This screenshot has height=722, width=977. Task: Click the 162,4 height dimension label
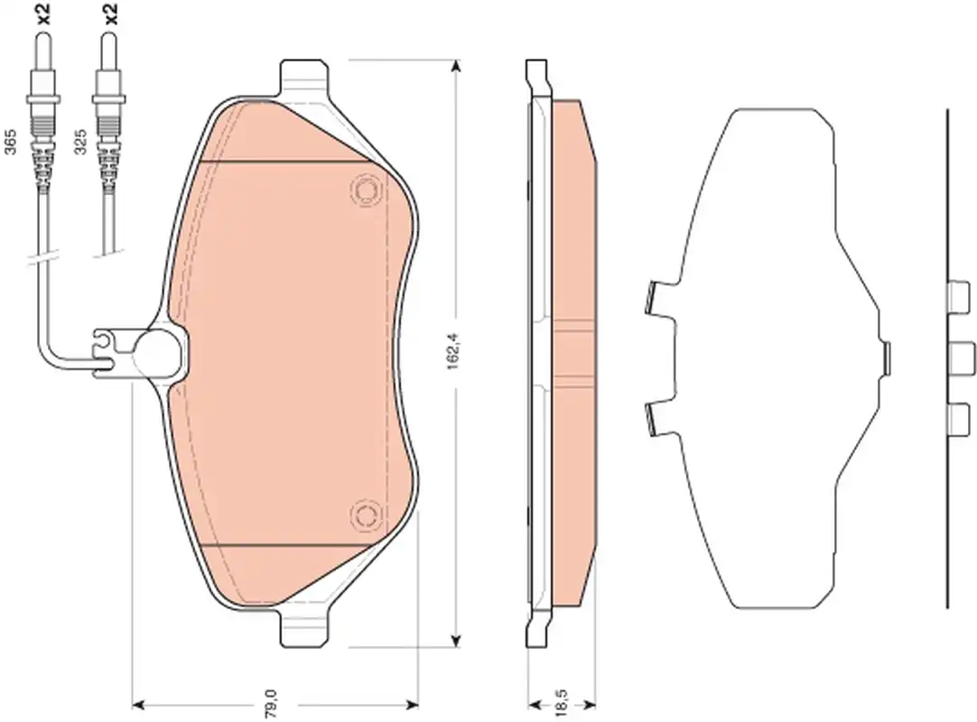[453, 353]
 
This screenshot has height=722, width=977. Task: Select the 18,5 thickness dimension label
[560, 702]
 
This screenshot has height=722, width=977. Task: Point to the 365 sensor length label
[10, 143]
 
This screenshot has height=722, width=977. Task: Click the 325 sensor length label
[79, 143]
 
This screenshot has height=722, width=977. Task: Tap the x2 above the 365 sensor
[42, 13]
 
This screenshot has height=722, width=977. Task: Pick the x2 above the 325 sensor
[110, 13]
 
